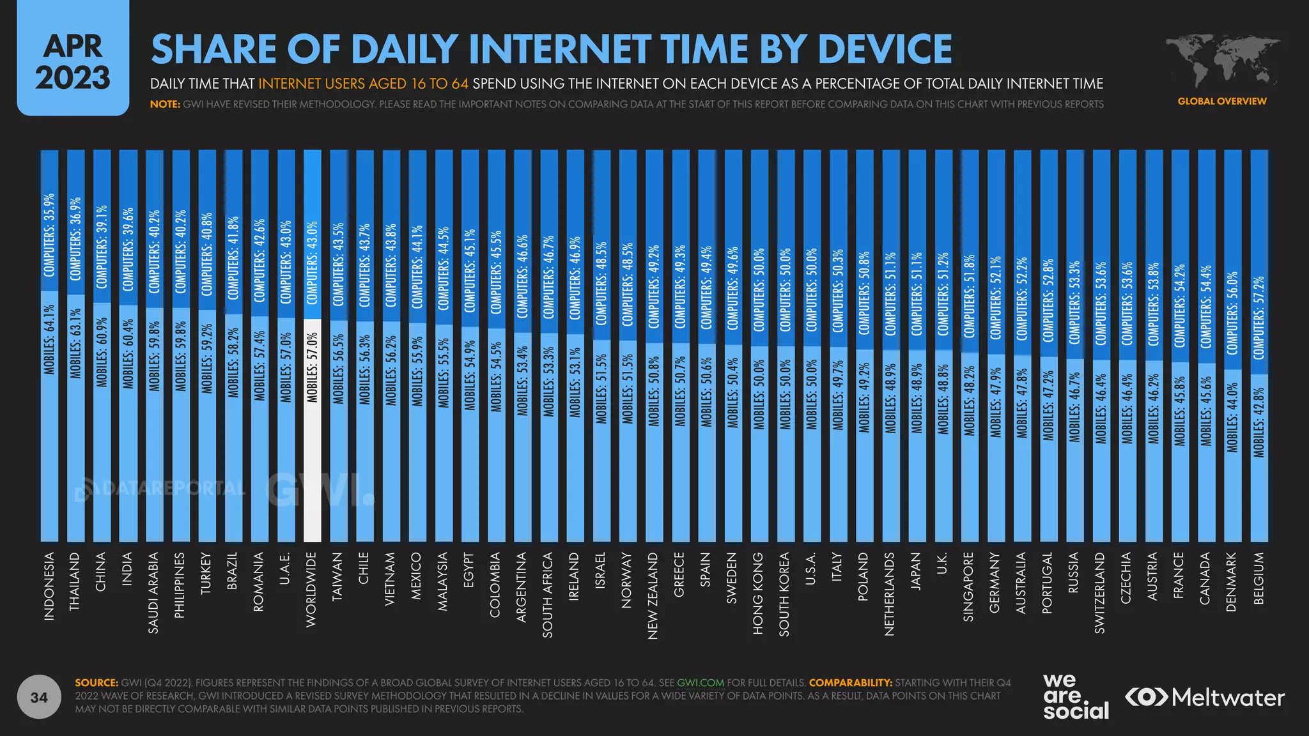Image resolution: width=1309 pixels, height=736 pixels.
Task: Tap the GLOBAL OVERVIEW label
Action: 1221,101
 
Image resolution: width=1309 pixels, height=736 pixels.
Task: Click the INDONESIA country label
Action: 49,586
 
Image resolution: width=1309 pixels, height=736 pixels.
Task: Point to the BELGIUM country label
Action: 1259,578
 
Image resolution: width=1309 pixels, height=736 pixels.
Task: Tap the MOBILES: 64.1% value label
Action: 49,339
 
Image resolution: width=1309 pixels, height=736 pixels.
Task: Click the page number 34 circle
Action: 39,697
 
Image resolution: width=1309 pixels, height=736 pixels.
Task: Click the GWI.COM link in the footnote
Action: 700,683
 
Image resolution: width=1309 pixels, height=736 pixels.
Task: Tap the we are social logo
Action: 1075,696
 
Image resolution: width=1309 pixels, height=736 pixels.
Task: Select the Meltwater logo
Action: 1205,697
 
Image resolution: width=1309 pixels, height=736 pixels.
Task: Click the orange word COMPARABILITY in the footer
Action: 850,683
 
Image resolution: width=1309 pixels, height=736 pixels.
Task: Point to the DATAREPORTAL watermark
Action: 160,489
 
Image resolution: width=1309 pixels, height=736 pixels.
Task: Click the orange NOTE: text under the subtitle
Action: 165,104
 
